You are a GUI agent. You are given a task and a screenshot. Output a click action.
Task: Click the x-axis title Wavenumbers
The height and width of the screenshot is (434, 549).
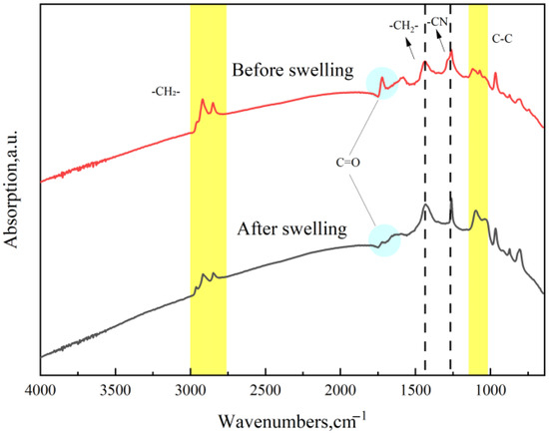tap(292, 421)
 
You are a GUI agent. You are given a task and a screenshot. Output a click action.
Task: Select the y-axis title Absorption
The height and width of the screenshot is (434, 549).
tap(11, 190)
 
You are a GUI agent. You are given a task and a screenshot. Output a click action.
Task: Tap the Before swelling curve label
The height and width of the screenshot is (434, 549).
tap(292, 70)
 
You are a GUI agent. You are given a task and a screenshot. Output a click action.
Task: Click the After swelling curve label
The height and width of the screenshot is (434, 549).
tap(292, 229)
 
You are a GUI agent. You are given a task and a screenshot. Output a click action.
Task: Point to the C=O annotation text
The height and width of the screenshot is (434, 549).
tap(348, 163)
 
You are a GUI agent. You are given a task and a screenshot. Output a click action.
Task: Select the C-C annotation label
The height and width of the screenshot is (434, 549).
tap(502, 39)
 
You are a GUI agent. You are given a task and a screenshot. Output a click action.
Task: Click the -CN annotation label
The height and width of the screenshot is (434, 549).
tap(438, 22)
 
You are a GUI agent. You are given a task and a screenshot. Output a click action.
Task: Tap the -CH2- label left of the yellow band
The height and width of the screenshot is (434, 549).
tap(166, 92)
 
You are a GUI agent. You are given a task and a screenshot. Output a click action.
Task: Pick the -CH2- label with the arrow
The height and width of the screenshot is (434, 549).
tap(403, 27)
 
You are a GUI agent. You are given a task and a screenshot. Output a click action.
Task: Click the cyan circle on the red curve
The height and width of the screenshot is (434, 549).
tap(382, 83)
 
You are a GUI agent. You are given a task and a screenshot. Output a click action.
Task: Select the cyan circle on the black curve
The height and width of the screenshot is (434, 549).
tap(384, 240)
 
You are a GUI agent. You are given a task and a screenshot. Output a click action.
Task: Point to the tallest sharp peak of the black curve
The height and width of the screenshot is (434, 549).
tap(451, 200)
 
